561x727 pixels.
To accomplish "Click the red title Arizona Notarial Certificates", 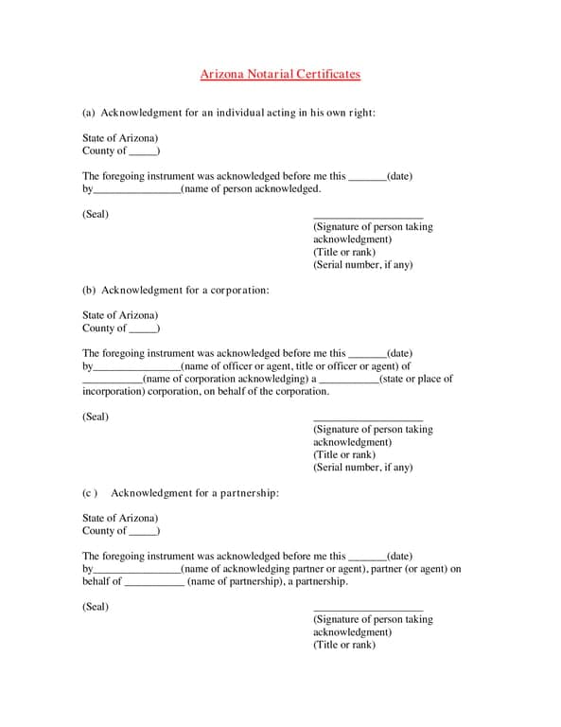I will point(280,74).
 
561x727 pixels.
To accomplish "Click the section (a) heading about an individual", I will point(229,113).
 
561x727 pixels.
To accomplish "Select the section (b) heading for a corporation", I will point(176,290).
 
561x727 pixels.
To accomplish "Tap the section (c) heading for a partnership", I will point(181,493).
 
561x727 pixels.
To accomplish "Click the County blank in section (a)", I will point(143,151).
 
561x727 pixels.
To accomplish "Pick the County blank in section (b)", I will point(143,328).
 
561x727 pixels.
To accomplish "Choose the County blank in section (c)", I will point(143,531).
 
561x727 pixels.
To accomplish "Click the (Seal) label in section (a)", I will point(96,214).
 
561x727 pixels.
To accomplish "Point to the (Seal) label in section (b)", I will point(96,417).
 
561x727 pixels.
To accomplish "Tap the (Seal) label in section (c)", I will point(96,607).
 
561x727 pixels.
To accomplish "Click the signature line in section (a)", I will point(367,218).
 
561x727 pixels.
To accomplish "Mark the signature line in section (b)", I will point(367,420).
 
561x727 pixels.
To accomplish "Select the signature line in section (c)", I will point(367,611).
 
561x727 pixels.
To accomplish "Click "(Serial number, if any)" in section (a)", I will point(363,265).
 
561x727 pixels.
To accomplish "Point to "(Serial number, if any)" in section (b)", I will point(363,468).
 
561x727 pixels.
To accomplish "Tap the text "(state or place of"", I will point(415,379).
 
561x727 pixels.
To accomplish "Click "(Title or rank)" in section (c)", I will point(344,645).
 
